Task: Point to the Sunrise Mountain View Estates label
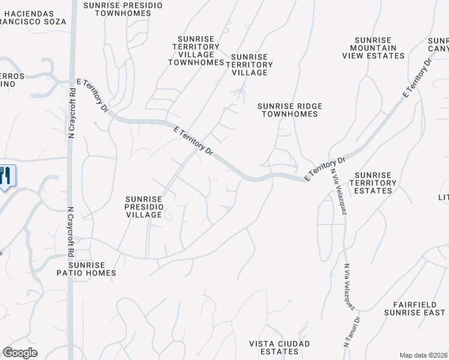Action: (x=373, y=48)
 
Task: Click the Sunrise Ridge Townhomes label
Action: (x=290, y=110)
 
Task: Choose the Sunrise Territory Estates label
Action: (x=373, y=183)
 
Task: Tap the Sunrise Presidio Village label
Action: (x=144, y=207)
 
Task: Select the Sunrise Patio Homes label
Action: (x=92, y=269)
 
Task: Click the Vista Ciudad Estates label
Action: (x=280, y=347)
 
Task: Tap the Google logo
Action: (x=20, y=353)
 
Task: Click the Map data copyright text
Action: (x=423, y=355)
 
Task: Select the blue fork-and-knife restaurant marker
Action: (x=6, y=176)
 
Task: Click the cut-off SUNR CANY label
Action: (x=438, y=44)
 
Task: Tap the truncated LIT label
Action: (x=443, y=197)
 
